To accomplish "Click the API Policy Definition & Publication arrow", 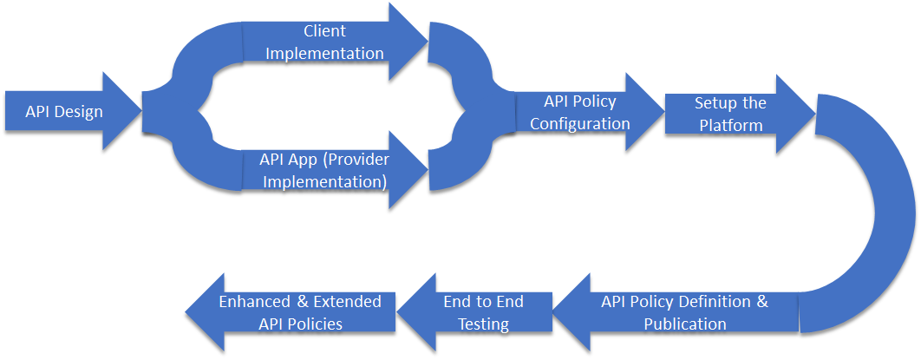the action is (x=676, y=313).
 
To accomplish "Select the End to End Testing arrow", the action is (x=474, y=313).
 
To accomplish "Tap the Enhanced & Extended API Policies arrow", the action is (x=291, y=313).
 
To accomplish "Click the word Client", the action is (x=325, y=30).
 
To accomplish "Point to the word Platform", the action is (x=731, y=125).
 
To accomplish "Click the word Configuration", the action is (x=580, y=124).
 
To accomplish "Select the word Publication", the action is (x=685, y=324).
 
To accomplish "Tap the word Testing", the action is (x=483, y=324).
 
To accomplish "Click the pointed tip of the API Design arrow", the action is (x=141, y=111).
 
